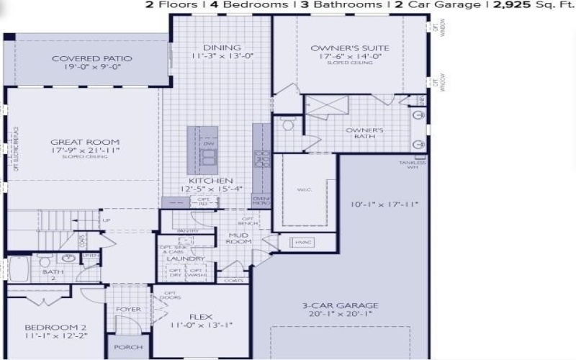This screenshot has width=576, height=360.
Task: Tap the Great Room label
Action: tap(85, 142)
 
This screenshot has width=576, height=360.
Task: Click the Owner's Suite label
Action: tap(340, 48)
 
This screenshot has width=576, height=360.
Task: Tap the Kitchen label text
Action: tap(210, 181)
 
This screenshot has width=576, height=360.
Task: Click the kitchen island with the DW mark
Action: tap(202, 148)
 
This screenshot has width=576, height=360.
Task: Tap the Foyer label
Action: tap(128, 310)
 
